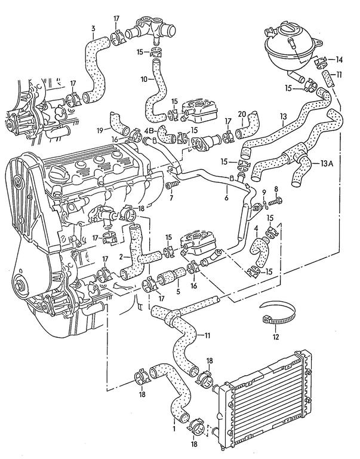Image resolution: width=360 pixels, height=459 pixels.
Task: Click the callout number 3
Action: coord(93,29)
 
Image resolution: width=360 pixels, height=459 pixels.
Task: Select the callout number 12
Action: coord(275,337)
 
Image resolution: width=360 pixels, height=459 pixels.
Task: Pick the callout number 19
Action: coord(100,130)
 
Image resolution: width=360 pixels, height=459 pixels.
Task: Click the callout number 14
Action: coord(339,60)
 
